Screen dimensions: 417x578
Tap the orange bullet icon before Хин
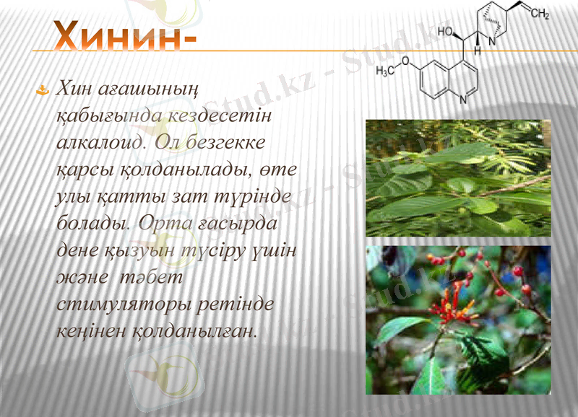coord(43,90)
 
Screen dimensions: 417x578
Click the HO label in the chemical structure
coord(444,33)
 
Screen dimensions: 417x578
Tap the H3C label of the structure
coord(388,71)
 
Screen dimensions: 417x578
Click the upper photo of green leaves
coord(457,177)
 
